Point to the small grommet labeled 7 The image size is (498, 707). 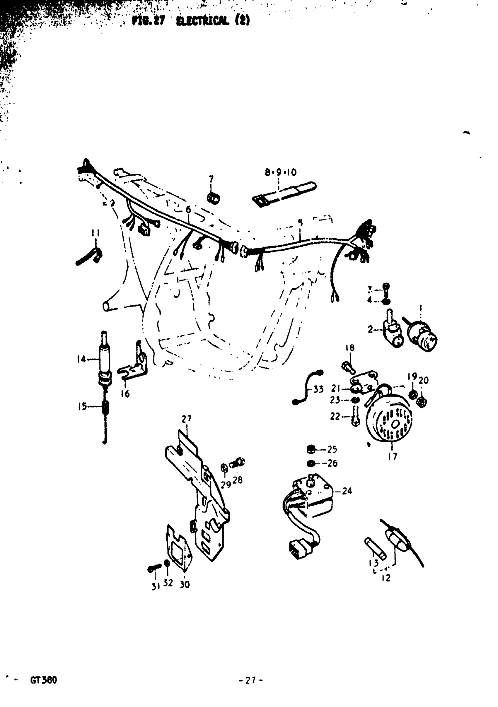[x=213, y=198]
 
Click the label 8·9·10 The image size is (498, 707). [x=280, y=172]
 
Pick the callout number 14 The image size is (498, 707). [x=81, y=359]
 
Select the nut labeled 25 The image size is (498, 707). [x=311, y=449]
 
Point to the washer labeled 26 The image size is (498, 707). [x=311, y=463]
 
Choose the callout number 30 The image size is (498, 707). [x=185, y=584]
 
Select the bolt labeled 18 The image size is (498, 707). [x=349, y=367]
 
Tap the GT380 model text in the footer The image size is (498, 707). [x=43, y=680]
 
